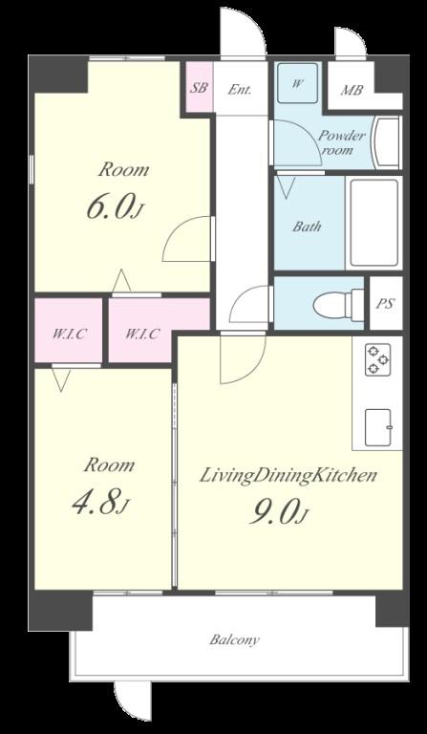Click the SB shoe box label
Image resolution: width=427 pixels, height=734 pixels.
pos(200,88)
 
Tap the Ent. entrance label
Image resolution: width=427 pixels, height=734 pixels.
pos(240,89)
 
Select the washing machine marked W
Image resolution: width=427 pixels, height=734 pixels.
pos(297,82)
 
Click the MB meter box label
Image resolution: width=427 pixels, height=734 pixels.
pos(352,90)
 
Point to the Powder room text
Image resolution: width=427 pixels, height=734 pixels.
pos(341,143)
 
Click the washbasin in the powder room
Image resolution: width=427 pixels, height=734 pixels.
pos(387,142)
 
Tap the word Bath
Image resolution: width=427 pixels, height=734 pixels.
pos(308,227)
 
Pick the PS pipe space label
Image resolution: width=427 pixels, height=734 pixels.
pos(386,304)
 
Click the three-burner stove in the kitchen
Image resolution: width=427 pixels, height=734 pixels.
pos(378,359)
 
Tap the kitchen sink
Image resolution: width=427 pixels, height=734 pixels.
pos(378,427)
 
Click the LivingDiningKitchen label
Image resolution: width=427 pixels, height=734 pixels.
pos(288,476)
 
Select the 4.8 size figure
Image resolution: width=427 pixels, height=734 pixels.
pos(100,503)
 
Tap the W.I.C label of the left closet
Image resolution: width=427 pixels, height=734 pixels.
pos(69,335)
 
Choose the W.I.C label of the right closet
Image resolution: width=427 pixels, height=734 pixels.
pos(142,335)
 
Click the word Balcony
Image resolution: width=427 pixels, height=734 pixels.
pos(234,639)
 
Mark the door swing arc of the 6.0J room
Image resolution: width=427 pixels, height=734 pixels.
pos(176,227)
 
